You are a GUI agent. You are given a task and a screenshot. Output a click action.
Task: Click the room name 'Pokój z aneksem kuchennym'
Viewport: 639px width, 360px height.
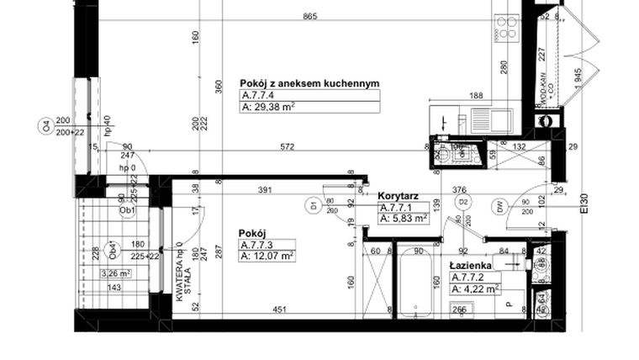309,83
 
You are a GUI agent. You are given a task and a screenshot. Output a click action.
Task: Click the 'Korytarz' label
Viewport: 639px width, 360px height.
398,195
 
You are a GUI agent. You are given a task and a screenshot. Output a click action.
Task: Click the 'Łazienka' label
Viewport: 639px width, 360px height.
471,265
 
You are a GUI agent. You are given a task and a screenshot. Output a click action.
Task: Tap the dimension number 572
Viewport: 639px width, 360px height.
288,146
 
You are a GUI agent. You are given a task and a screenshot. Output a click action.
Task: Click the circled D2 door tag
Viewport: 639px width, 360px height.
462,202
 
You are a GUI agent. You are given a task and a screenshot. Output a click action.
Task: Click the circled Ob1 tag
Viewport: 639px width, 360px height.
129,211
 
